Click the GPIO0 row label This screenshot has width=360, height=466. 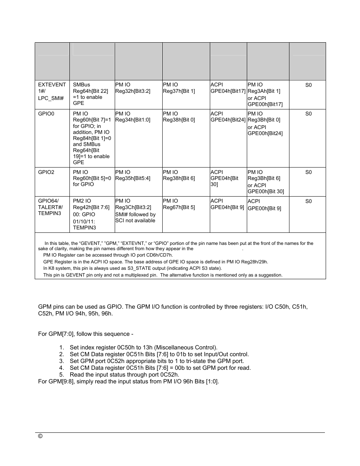46,114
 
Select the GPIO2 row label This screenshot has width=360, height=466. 46,172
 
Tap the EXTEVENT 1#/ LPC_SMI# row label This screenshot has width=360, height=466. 52,91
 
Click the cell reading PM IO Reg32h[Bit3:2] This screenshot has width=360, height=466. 132,88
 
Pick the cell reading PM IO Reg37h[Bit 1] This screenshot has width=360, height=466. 179,88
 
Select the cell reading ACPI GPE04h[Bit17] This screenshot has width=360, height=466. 228,88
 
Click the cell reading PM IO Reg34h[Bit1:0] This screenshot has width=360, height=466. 132,117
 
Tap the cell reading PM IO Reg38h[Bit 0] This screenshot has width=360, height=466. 179,117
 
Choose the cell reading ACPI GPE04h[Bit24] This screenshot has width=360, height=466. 228,117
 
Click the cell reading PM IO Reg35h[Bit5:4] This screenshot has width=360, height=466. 132,175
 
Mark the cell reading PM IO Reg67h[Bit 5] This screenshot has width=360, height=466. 179,204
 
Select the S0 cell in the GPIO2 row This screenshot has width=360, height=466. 308,172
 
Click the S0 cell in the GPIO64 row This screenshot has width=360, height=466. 308,201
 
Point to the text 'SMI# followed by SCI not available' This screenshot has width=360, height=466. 135,217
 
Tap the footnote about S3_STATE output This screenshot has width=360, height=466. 132,268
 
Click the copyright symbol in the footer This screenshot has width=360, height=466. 40,436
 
